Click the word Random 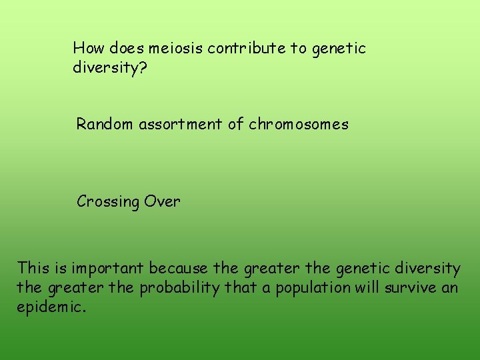(105, 124)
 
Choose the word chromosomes (299, 124)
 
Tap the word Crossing (106, 201)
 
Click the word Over (162, 201)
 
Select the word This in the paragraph (33, 269)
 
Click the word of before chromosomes (236, 124)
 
